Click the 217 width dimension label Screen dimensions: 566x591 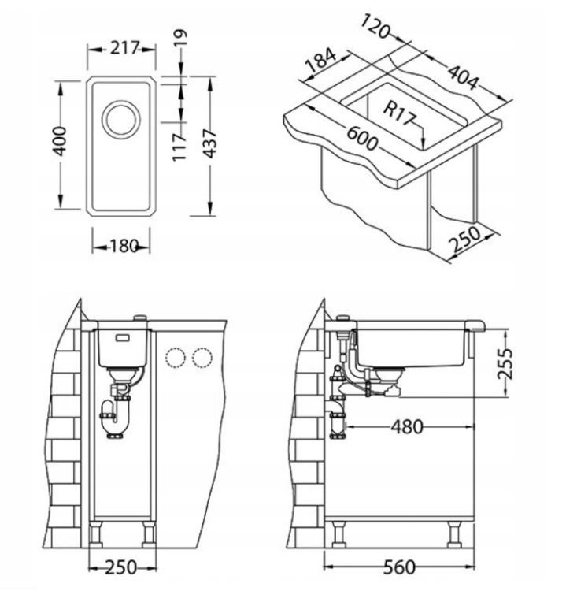[x=124, y=48]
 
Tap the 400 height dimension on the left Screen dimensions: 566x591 [x=60, y=141]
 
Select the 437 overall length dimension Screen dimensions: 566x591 [x=209, y=143]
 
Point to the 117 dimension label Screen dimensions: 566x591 [x=179, y=147]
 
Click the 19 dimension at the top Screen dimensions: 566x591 [x=180, y=38]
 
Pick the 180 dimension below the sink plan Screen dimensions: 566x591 [x=124, y=247]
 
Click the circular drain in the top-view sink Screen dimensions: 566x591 [x=121, y=120]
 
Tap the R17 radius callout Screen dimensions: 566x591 [x=399, y=113]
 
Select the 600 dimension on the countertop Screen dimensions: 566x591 [x=362, y=139]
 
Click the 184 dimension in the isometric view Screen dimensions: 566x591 [x=320, y=60]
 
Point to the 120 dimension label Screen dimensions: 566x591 [x=375, y=26]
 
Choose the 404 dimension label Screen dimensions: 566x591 [x=464, y=77]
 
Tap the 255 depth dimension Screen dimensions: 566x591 [x=505, y=363]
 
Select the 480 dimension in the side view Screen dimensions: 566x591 [x=407, y=427]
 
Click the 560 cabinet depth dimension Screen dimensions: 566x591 [x=400, y=567]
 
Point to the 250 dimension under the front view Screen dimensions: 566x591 [x=120, y=567]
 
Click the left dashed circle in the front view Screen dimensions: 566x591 [x=175, y=357]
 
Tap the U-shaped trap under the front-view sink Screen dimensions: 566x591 [x=116, y=419]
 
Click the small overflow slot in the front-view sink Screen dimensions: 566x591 [x=123, y=338]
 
